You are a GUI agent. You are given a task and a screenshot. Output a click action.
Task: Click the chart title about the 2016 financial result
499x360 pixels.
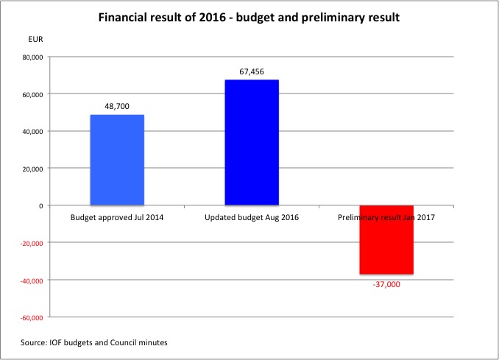(x=249, y=16)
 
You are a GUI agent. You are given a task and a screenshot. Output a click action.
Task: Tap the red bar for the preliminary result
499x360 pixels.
(x=386, y=240)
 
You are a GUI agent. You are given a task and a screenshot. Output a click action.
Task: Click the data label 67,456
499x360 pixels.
(x=252, y=71)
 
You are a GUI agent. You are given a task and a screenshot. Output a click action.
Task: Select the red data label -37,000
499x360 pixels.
(x=386, y=283)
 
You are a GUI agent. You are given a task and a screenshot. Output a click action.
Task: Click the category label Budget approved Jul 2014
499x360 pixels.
(x=117, y=218)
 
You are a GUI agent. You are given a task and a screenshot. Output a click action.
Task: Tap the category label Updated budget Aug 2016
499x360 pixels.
(x=252, y=218)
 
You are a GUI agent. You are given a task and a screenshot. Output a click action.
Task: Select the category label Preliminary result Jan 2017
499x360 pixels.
(x=386, y=218)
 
